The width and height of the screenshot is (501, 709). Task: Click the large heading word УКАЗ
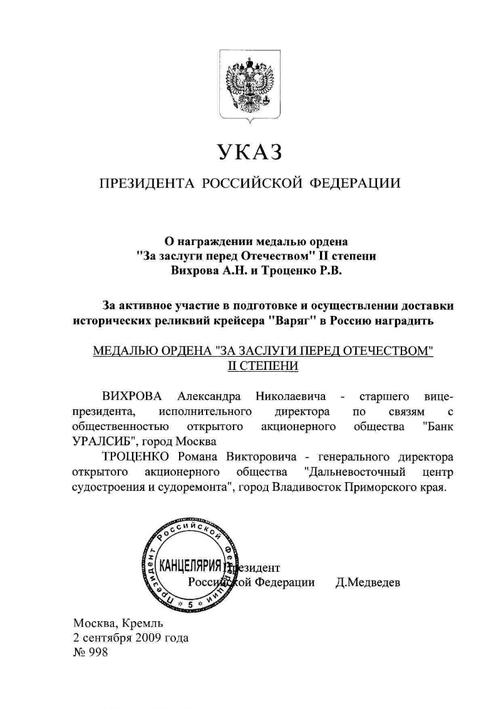point(250,152)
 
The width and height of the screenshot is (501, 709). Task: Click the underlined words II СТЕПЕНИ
point(262,365)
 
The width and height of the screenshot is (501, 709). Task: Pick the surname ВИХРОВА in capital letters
point(132,396)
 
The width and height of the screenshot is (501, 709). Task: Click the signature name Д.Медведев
point(368,582)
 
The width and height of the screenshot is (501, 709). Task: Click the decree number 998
point(99,653)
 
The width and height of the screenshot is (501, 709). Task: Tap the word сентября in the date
point(106,638)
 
